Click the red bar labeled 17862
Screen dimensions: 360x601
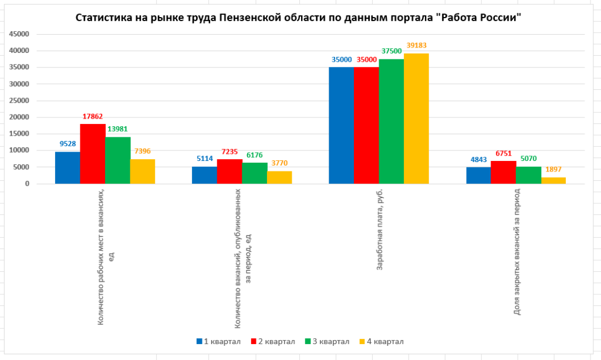tap(93, 154)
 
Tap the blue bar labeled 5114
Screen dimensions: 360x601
tap(204, 175)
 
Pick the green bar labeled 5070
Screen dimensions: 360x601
tap(528, 175)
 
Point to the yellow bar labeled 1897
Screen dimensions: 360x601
tap(553, 180)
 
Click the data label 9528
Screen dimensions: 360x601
tap(67, 143)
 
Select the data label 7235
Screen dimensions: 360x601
tap(229, 151)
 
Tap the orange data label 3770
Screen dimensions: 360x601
tap(279, 163)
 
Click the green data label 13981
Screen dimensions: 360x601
tap(117, 129)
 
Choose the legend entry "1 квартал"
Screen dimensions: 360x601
tap(218, 342)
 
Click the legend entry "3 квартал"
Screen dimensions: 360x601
tap(327, 342)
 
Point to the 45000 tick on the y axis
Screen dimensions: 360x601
tap(19, 33)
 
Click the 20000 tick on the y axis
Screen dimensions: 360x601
tap(19, 117)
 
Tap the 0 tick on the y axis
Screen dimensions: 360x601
tap(27, 184)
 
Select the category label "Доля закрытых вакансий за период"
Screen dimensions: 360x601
tap(516, 252)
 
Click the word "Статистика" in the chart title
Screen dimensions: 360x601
tap(104, 18)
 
